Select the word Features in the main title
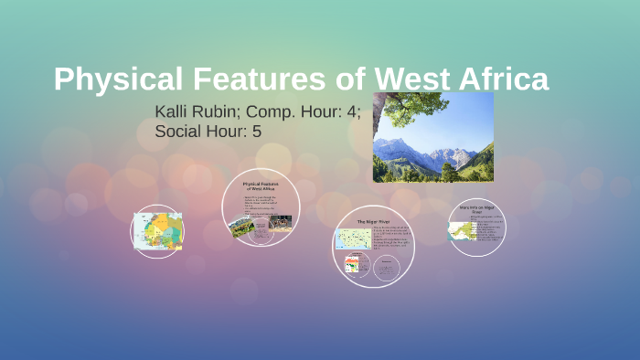[246, 79]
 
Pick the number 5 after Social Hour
[257, 132]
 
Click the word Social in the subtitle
[178, 132]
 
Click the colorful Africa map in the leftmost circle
[157, 231]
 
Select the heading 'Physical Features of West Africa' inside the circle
[261, 186]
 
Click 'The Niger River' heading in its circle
[374, 221]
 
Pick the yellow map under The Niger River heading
[352, 239]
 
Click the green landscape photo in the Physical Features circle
[242, 225]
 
